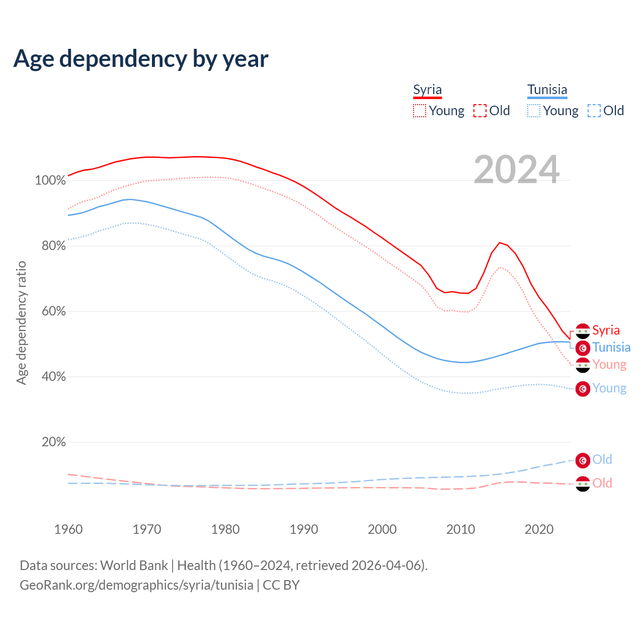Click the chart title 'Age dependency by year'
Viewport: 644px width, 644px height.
point(141,59)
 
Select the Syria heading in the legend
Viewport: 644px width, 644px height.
point(427,90)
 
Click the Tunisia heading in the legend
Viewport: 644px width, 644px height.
point(547,90)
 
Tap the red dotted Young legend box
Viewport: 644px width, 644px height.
point(419,111)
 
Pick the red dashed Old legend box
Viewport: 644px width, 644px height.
point(479,111)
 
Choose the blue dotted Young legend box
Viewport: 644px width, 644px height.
point(534,111)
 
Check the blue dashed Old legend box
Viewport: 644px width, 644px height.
point(594,111)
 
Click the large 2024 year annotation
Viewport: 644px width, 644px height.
point(516,170)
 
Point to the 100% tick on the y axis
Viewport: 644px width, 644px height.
point(50,180)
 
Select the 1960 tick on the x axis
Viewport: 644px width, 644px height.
point(68,529)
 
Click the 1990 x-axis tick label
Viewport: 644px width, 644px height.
point(304,529)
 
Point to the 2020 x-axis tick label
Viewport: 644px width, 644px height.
point(539,529)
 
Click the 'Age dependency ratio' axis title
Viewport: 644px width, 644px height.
point(21,323)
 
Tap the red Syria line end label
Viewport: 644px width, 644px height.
point(606,330)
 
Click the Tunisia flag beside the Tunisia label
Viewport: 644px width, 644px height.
point(583,348)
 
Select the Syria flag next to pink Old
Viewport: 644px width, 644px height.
point(583,484)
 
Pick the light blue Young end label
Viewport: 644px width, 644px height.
point(609,388)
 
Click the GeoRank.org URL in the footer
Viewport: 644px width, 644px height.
point(136,585)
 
